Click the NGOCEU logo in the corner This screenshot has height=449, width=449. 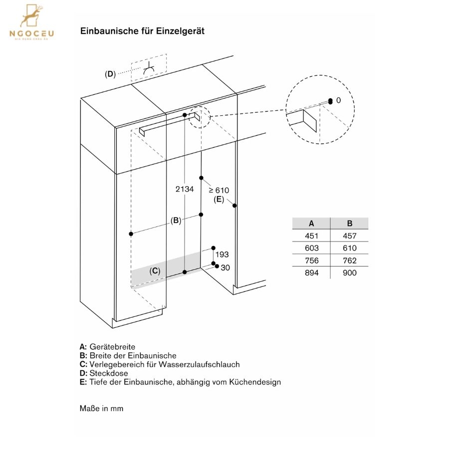(31, 22)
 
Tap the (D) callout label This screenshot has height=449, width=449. (110, 74)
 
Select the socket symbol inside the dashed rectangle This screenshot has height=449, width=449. (149, 69)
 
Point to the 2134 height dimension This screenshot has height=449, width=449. (185, 189)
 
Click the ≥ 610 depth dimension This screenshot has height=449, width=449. (219, 190)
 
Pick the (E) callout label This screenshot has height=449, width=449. (219, 199)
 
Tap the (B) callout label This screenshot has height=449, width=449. (176, 221)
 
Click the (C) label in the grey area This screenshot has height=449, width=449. (155, 271)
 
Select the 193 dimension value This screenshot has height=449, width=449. (222, 254)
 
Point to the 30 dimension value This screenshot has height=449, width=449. (225, 267)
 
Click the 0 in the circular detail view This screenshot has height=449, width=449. (338, 100)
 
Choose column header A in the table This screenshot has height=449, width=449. (311, 224)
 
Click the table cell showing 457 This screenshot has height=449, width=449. (350, 235)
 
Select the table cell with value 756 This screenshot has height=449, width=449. (311, 260)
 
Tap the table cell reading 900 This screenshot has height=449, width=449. (350, 272)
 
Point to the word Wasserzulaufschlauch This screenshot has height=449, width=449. (199, 364)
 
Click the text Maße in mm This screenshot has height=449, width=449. (102, 408)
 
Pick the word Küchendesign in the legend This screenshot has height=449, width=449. (255, 382)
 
